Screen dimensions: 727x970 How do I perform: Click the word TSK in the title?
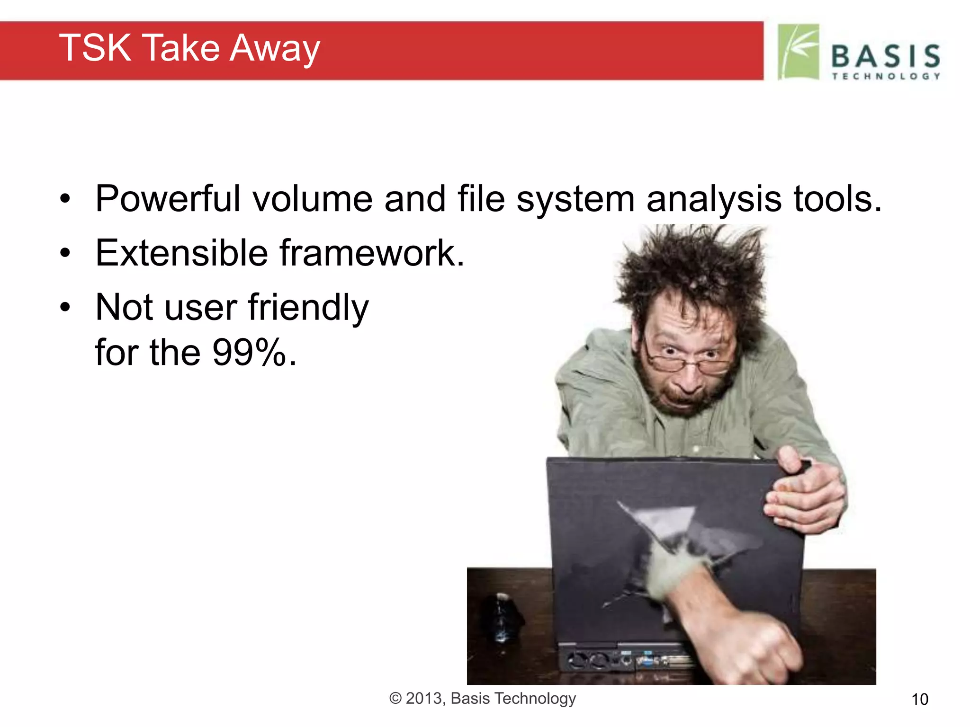pos(95,48)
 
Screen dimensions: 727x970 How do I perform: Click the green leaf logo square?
pos(799,52)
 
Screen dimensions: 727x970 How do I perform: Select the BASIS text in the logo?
pos(885,56)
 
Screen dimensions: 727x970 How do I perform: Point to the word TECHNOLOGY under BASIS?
pos(885,76)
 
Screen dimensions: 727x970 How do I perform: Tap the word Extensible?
pos(181,253)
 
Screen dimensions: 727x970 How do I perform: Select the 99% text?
pos(250,353)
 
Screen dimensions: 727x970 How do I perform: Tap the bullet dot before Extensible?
pos(65,253)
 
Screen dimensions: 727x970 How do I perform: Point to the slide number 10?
pos(919,700)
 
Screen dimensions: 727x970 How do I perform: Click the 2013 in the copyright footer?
pos(424,699)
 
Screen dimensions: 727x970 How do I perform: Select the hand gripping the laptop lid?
pos(805,497)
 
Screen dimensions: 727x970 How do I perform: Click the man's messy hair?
pos(692,270)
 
